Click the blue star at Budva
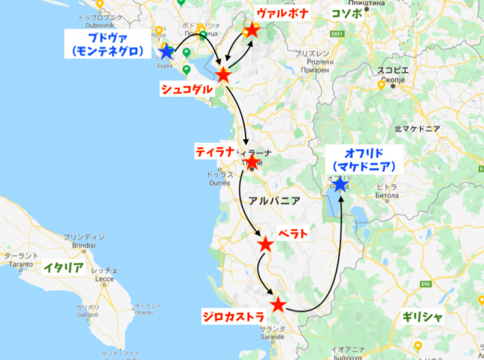(x=166, y=52)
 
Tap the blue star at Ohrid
(x=340, y=183)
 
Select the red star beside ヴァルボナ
(x=252, y=29)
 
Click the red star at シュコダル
(x=222, y=74)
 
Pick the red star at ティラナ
(x=251, y=162)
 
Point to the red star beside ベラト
(x=265, y=244)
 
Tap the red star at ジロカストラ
(x=278, y=304)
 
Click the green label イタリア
(x=63, y=267)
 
